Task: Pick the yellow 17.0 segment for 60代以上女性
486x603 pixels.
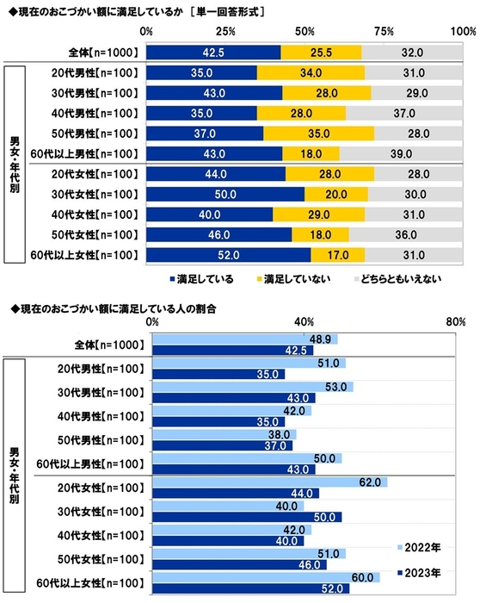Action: [337, 254]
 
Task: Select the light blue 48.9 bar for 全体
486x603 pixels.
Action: [244, 339]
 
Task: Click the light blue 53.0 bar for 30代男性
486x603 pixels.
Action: [252, 387]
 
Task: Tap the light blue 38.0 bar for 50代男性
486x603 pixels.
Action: [224, 435]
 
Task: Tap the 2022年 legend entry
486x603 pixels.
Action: [421, 547]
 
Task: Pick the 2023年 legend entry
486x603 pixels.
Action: [421, 572]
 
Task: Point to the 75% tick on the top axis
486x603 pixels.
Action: [384, 31]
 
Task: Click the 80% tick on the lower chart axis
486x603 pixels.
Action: [456, 321]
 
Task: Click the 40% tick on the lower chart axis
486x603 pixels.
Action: [304, 321]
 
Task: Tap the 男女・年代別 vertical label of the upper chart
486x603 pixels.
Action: [14, 164]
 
